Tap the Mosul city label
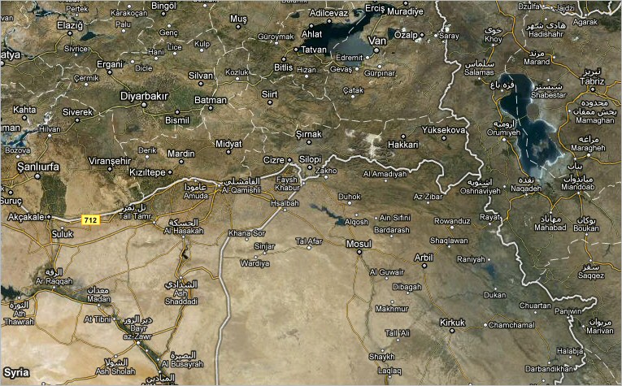(x=359, y=243)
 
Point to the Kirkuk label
(x=452, y=322)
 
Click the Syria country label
(x=15, y=371)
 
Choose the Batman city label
(x=210, y=100)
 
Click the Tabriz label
(x=593, y=81)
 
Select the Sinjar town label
(x=265, y=245)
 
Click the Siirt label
(x=269, y=94)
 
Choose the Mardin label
(x=181, y=154)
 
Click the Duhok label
(x=350, y=197)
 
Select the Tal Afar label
(x=310, y=241)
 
